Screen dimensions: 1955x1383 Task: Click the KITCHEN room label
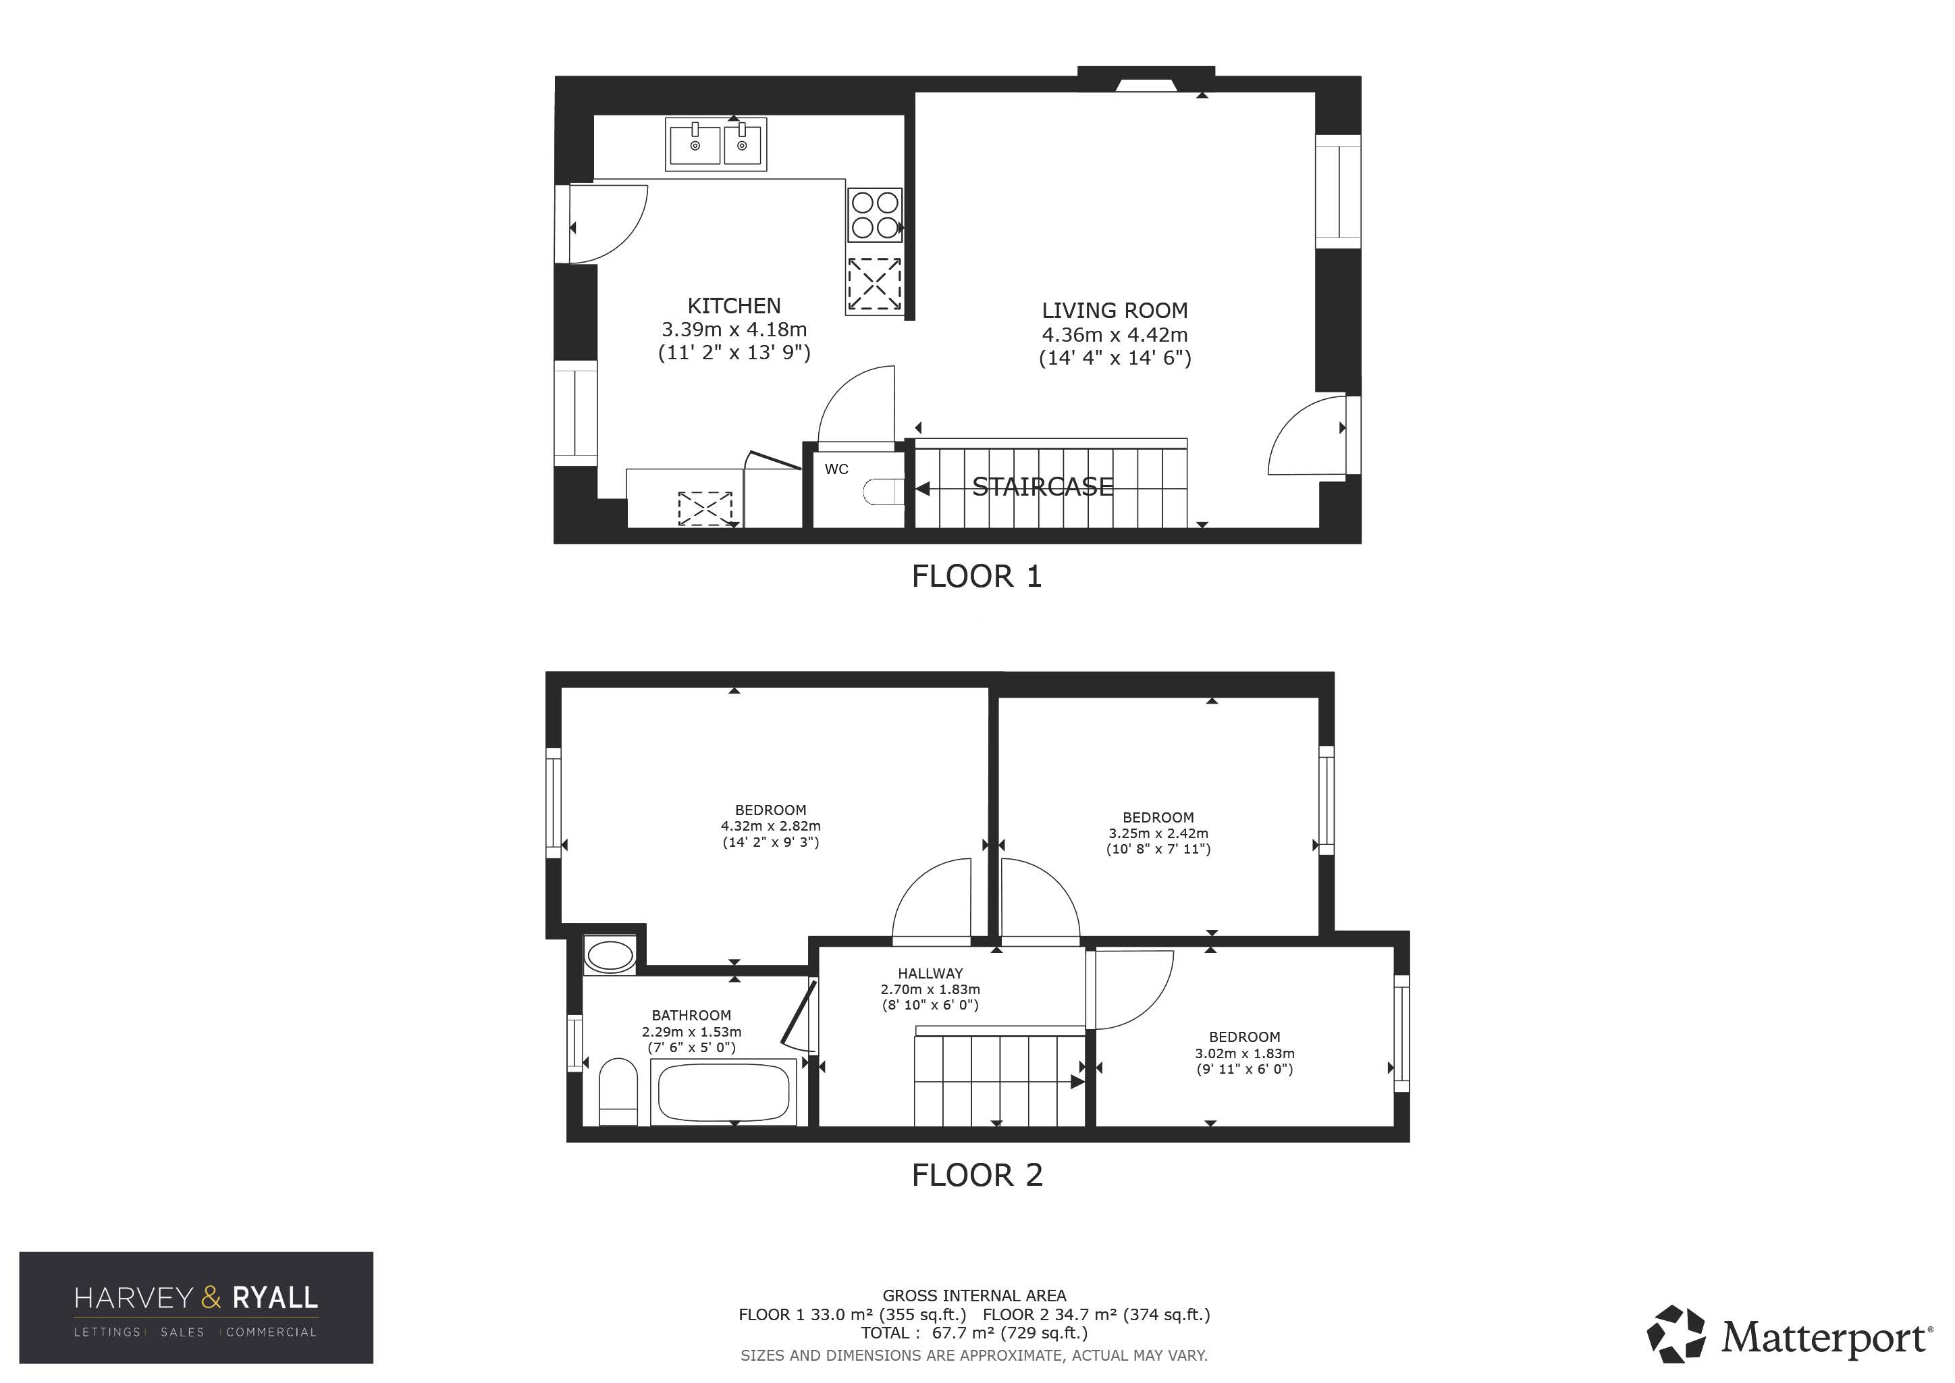[x=734, y=306]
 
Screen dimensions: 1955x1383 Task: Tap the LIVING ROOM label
[x=1115, y=311]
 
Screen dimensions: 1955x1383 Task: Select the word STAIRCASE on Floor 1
[x=1042, y=487]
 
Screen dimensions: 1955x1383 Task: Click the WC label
[x=836, y=469]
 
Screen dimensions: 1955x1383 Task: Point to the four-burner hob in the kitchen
[x=874, y=215]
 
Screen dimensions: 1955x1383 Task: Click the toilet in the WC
[x=883, y=492]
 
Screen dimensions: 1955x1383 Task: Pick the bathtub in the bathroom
[x=723, y=1092]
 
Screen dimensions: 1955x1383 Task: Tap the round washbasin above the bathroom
[x=610, y=956]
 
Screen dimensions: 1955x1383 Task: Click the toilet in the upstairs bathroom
[x=618, y=1093]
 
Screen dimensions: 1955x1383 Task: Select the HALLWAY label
[x=930, y=973]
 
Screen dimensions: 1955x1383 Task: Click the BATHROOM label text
[x=691, y=1015]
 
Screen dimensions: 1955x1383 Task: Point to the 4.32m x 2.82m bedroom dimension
[x=770, y=826]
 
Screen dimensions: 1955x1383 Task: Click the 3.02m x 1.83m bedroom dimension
[x=1244, y=1053]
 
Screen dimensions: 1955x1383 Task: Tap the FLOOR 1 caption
[x=977, y=577]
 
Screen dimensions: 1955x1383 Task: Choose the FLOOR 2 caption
[x=977, y=1175]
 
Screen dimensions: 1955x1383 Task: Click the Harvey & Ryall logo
[x=196, y=1307]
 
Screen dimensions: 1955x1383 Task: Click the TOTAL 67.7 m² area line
[x=974, y=1333]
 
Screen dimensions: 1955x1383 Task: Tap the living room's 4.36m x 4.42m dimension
[x=1115, y=335]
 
